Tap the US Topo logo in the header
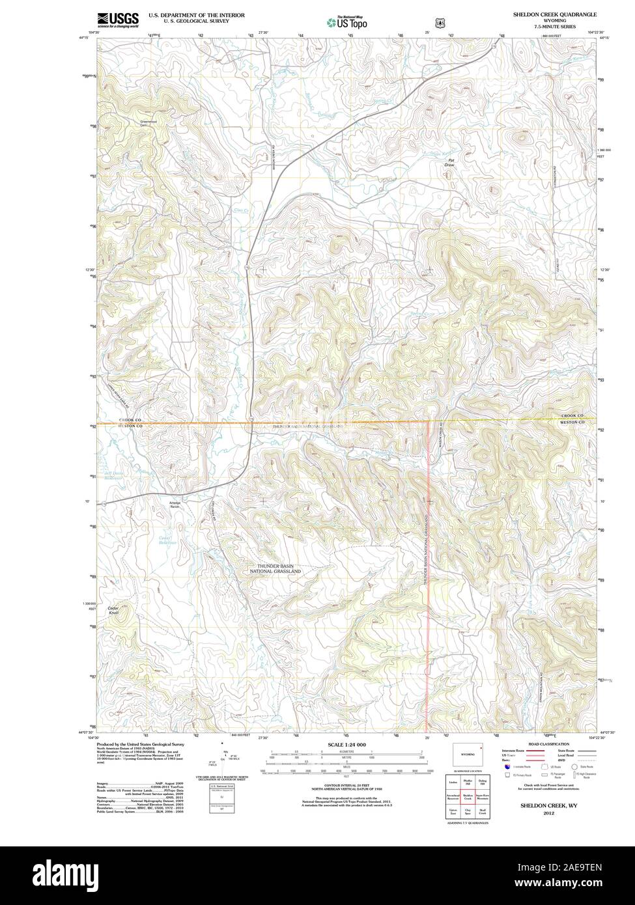pyautogui.click(x=347, y=23)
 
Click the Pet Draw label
pyautogui.click(x=449, y=163)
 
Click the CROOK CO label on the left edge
pyautogui.click(x=130, y=421)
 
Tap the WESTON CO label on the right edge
pyautogui.click(x=572, y=422)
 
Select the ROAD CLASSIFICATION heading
pyautogui.click(x=550, y=744)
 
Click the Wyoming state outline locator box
pyautogui.click(x=468, y=753)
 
